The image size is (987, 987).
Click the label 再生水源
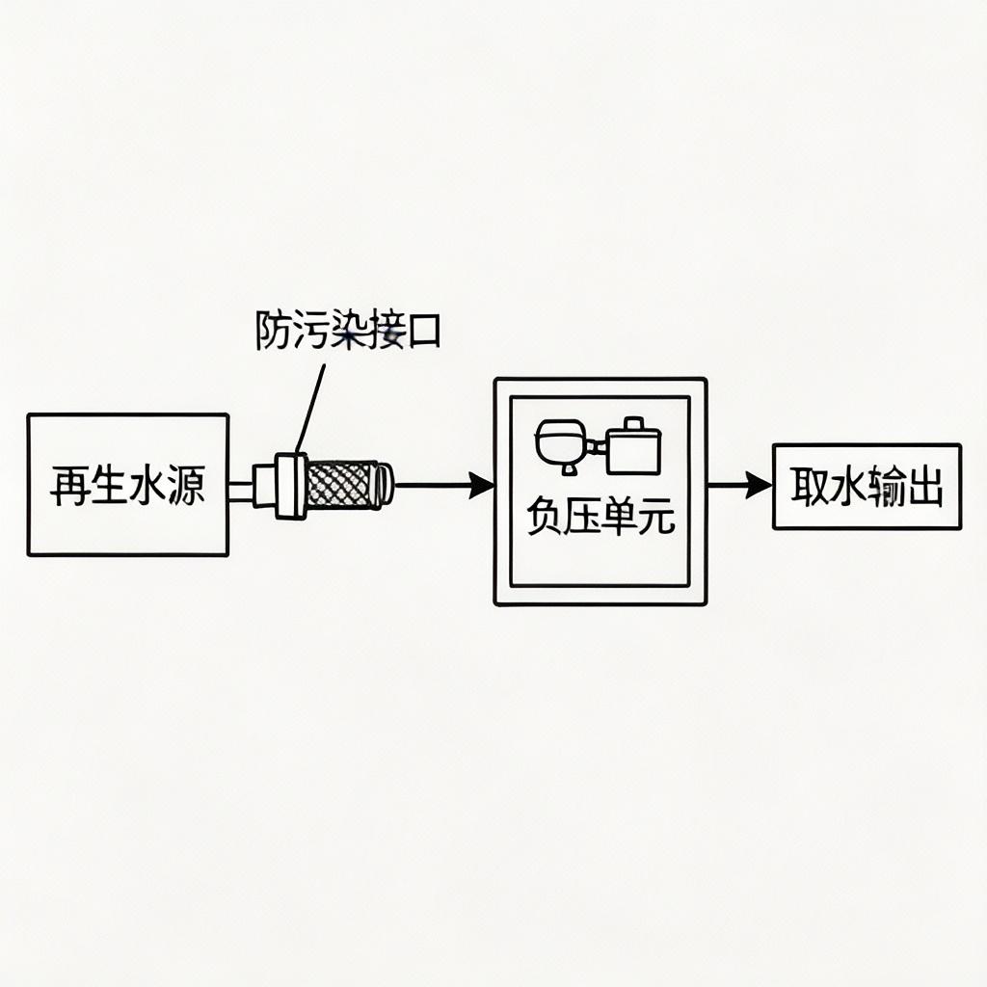[127, 487]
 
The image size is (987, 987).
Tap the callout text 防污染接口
[348, 331]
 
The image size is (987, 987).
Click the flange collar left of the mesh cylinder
[289, 485]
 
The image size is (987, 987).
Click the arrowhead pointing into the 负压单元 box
[481, 485]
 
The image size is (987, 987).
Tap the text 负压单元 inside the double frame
[600, 519]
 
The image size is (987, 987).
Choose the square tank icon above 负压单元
[633, 446]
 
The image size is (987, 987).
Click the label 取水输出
[867, 488]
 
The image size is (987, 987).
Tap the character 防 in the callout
[273, 331]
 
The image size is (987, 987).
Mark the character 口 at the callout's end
[424, 332]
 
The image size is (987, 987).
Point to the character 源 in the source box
[185, 487]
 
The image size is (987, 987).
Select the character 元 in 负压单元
[657, 519]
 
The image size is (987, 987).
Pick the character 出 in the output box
[922, 488]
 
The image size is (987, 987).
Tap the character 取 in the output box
[810, 488]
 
